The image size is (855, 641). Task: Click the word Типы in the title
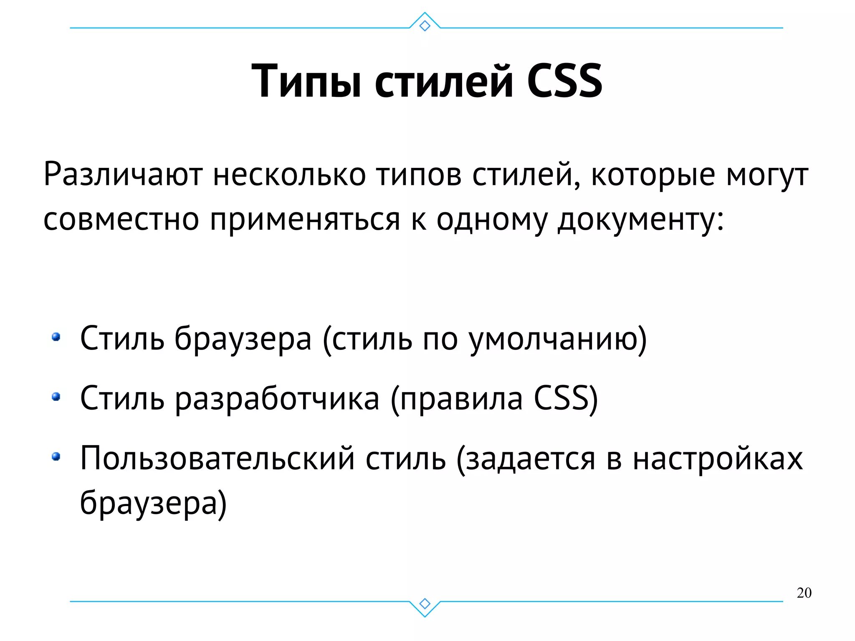point(306,81)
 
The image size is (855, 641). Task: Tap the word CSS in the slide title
point(564,81)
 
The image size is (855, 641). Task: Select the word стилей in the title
point(443,81)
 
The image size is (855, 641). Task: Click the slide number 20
point(804,593)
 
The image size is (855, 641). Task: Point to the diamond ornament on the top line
point(425,26)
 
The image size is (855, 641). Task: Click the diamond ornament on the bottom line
point(425,604)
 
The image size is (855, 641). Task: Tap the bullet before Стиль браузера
point(56,337)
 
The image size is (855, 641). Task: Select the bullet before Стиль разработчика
point(56,396)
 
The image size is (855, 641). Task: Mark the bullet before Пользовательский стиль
point(56,457)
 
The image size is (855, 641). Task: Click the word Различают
point(123,175)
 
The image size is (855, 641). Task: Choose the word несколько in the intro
point(289,175)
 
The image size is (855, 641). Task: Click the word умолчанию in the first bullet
point(557,339)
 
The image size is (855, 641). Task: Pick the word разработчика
point(277,398)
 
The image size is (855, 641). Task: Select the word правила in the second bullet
point(461,398)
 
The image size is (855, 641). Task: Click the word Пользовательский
point(217,459)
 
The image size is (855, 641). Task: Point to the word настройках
point(718,459)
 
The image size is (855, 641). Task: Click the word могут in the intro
point(767,175)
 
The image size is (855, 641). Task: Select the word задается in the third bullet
point(530,459)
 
